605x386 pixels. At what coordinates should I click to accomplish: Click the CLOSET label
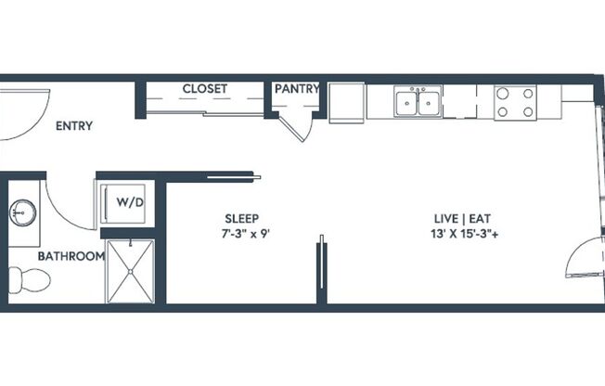[205, 89]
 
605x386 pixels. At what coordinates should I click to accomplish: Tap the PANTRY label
[297, 89]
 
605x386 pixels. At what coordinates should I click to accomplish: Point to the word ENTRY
[74, 126]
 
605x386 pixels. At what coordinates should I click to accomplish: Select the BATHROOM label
[71, 256]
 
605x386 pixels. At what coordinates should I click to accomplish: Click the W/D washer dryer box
[122, 201]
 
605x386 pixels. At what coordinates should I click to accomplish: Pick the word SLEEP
[241, 219]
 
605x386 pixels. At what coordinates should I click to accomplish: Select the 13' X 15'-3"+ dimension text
[464, 234]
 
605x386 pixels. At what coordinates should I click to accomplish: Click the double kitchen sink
[417, 101]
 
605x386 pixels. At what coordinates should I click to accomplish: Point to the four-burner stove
[514, 101]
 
